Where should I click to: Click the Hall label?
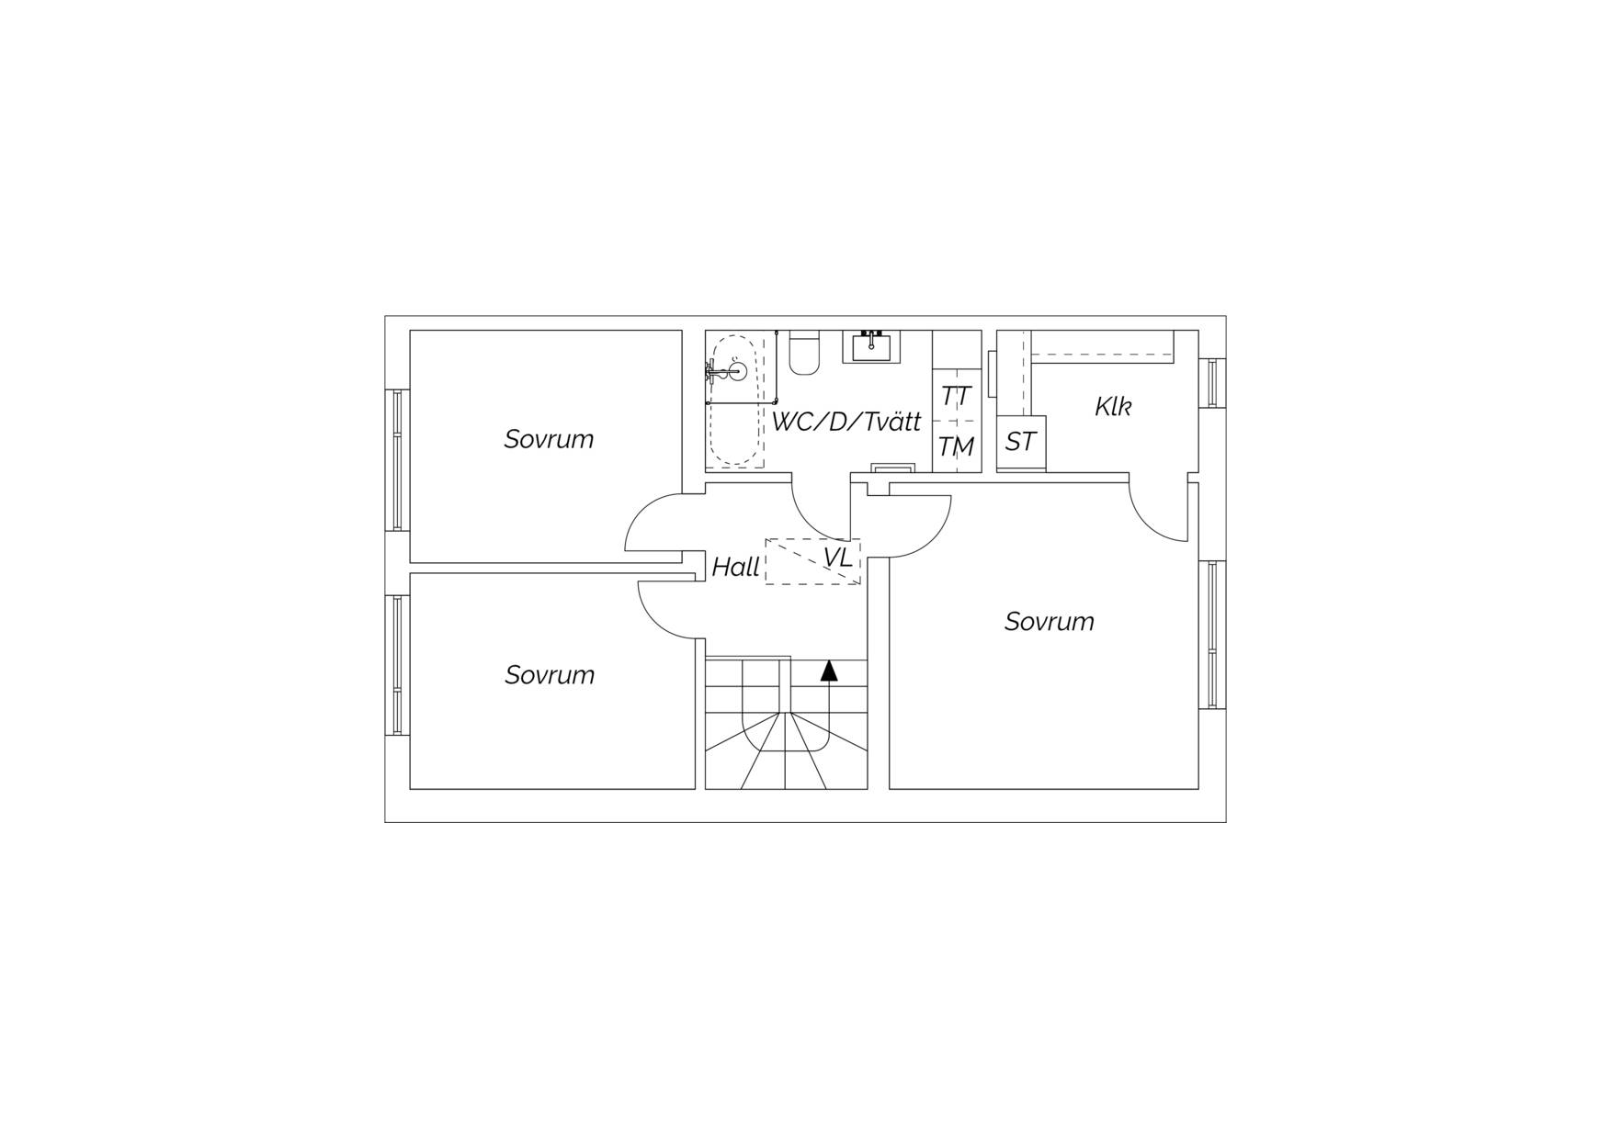click(x=736, y=567)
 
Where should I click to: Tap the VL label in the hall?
click(x=838, y=558)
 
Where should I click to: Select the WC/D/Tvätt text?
click(x=846, y=422)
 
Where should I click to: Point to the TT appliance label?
click(x=956, y=397)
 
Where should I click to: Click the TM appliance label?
click(x=956, y=446)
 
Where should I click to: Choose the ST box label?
click(x=1020, y=442)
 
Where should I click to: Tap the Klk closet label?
click(x=1113, y=406)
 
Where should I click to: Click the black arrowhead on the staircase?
click(x=830, y=671)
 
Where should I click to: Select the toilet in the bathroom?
click(x=804, y=353)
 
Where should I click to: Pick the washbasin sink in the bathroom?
click(x=871, y=346)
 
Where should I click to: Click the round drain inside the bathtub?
click(x=737, y=372)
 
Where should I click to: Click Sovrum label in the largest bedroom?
click(x=1050, y=621)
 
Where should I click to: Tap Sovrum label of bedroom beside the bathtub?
click(x=549, y=439)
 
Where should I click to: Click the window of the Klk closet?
click(x=1213, y=382)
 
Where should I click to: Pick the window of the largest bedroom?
click(x=1213, y=635)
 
